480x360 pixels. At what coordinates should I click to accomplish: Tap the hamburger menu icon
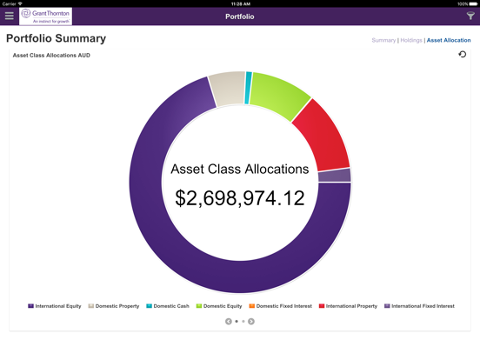[x=10, y=16]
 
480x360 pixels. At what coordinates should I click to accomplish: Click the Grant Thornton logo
[x=46, y=16]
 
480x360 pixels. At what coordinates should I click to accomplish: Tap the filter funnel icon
[x=470, y=16]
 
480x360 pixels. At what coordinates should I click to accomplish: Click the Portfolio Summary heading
[x=56, y=39]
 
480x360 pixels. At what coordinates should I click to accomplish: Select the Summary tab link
[x=383, y=40]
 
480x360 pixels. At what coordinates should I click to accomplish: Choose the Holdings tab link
[x=410, y=40]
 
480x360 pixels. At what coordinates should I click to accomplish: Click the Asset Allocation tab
[x=449, y=40]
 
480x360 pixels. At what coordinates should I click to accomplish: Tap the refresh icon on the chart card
[x=463, y=55]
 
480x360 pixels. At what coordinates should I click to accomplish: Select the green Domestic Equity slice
[x=279, y=95]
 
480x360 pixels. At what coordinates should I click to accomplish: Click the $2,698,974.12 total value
[x=240, y=197]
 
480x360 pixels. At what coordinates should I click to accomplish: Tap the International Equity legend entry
[x=55, y=306]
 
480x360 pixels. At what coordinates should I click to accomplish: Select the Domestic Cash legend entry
[x=168, y=306]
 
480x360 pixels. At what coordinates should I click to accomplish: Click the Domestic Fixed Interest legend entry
[x=280, y=306]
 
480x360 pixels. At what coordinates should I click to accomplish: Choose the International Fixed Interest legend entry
[x=420, y=306]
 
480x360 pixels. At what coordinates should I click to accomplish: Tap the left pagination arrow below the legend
[x=229, y=322]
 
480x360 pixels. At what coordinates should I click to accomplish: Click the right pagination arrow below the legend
[x=251, y=322]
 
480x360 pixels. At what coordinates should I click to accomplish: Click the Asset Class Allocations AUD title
[x=51, y=56]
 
